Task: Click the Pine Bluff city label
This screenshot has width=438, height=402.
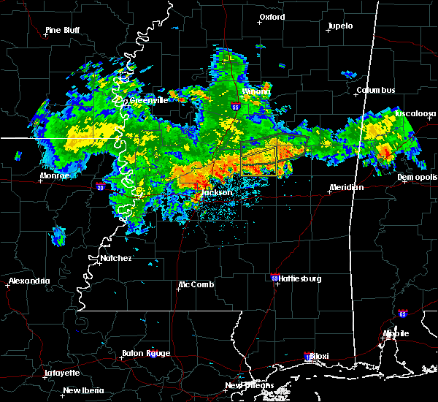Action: (x=63, y=30)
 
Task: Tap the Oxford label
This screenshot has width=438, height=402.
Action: (x=272, y=17)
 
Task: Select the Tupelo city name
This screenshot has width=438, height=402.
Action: (x=339, y=26)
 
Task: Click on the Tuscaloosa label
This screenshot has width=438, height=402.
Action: (x=415, y=113)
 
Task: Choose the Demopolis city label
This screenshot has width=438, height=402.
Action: (x=417, y=177)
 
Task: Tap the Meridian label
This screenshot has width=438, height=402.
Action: (x=346, y=187)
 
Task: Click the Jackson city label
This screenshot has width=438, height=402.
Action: (x=217, y=192)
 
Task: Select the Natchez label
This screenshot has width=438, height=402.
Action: (x=116, y=258)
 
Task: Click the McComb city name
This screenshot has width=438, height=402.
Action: (x=197, y=284)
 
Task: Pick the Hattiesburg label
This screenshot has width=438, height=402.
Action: (x=301, y=278)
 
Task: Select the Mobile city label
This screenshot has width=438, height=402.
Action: (x=396, y=333)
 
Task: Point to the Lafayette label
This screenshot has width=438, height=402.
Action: (x=62, y=372)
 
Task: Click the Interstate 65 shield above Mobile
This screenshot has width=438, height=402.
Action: (x=402, y=314)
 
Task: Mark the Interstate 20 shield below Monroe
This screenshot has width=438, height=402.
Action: (x=99, y=187)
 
